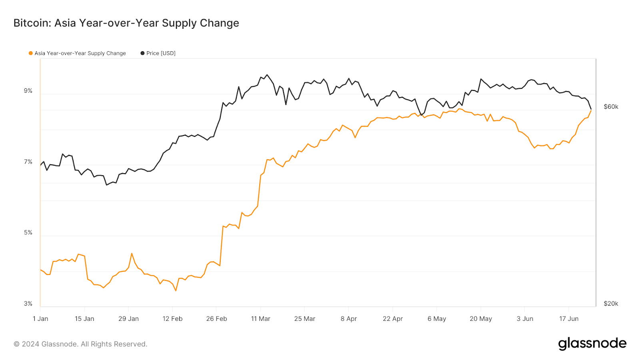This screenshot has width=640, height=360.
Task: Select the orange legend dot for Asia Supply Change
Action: click(x=30, y=53)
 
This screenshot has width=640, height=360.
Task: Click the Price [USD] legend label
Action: click(x=161, y=53)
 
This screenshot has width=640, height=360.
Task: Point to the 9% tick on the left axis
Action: click(x=28, y=91)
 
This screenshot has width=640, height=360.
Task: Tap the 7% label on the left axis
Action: click(x=28, y=162)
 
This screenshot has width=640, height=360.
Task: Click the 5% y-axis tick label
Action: click(x=28, y=233)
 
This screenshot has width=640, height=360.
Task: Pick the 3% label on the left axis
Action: click(x=28, y=304)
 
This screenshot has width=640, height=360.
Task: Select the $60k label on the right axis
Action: click(x=611, y=107)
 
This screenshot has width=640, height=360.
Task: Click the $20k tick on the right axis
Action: click(x=611, y=304)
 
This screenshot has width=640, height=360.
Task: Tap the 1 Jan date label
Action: click(x=40, y=319)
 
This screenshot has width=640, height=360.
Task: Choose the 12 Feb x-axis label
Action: click(x=172, y=319)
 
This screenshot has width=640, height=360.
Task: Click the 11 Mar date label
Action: click(x=260, y=319)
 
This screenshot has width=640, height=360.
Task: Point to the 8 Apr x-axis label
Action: click(x=349, y=319)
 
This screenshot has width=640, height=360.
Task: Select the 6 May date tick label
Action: click(x=437, y=319)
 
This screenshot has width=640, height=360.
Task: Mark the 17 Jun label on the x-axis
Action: click(x=569, y=319)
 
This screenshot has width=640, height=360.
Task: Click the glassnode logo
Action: click(x=592, y=344)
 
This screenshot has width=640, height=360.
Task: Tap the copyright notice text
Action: click(x=80, y=344)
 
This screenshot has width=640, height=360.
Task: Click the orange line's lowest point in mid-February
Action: click(x=176, y=291)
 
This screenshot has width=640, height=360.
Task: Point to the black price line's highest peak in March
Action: click(x=267, y=75)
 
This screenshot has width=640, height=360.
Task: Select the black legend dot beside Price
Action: click(x=142, y=53)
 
